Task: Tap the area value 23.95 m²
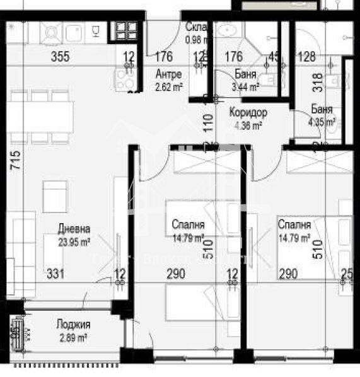74,240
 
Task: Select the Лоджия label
74,325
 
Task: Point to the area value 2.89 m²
74,337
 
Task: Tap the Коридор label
248,113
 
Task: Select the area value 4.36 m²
247,125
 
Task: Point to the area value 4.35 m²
322,122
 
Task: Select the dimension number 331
55,274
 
